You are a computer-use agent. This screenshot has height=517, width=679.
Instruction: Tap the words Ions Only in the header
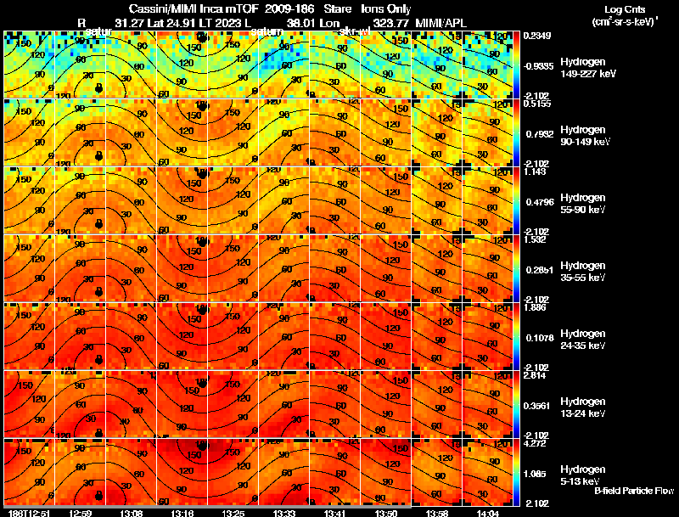coord(386,7)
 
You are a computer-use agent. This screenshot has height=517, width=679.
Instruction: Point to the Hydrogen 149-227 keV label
coord(583,68)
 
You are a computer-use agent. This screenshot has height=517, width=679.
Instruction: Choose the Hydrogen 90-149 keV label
coord(583,136)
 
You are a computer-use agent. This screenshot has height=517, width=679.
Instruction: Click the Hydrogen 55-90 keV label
coord(582,204)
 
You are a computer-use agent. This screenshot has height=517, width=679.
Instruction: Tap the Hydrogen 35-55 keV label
coord(582,272)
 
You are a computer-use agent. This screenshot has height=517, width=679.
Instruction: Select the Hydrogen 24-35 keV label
coord(582,340)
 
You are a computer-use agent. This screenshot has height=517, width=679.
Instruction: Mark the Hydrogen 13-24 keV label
coord(582,407)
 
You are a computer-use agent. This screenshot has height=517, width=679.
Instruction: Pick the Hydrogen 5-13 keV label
coord(582,475)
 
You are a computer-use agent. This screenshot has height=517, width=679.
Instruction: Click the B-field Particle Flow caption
coord(633,491)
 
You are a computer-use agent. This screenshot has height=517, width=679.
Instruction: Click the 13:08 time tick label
coord(132,513)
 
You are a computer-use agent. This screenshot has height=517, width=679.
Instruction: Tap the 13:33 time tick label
coord(283,513)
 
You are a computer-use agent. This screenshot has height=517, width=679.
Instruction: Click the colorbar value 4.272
coord(536,443)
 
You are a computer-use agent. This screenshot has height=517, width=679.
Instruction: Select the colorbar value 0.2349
coord(536,36)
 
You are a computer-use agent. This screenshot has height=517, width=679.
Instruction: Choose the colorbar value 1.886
coord(536,307)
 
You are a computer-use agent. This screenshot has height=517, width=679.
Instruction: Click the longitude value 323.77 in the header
coord(392,23)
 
